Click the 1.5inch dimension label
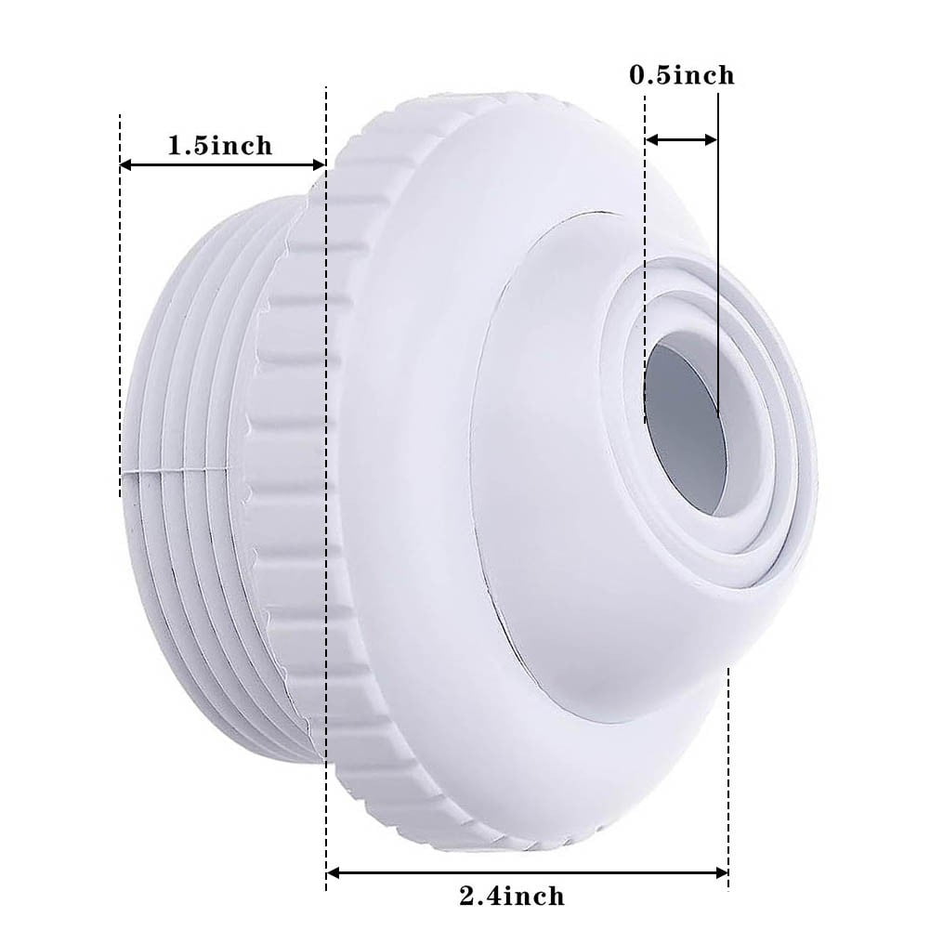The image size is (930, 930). [220, 145]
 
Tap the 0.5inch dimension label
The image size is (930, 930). [682, 75]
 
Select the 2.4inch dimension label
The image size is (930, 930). [512, 896]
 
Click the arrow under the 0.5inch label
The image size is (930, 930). [681, 139]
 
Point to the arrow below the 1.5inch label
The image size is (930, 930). [222, 164]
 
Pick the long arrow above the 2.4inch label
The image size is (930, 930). [528, 872]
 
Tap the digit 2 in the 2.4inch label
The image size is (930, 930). [467, 897]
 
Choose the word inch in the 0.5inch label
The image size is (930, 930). [702, 75]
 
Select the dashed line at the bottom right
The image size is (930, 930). [728, 771]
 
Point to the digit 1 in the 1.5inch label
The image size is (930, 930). [174, 146]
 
